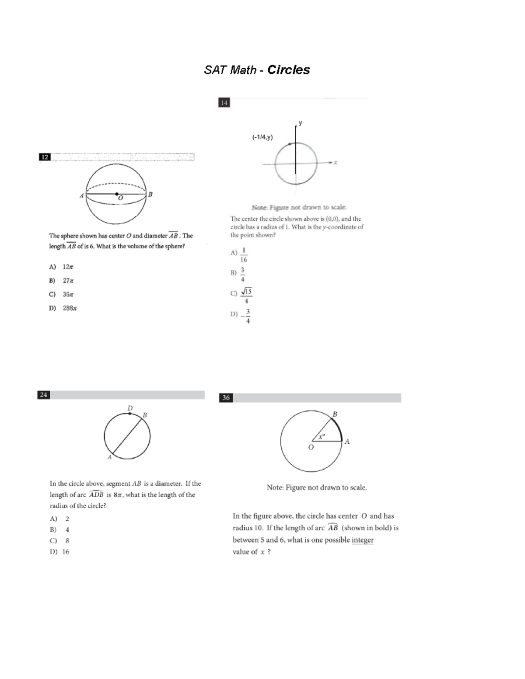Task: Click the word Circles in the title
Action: (288, 70)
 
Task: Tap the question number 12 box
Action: (45, 157)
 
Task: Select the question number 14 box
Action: (224, 103)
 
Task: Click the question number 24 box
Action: (43, 395)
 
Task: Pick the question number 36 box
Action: (226, 397)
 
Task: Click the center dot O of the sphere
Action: (116, 194)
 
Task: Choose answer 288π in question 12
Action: (70, 308)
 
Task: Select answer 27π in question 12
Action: (68, 281)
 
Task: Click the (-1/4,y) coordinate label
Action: (262, 137)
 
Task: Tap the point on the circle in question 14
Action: (290, 144)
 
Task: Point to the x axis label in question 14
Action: (336, 162)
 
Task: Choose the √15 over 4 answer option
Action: (246, 296)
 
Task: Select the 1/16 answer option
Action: (244, 255)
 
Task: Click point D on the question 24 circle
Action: (130, 413)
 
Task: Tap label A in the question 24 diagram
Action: (109, 457)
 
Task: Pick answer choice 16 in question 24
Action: (66, 552)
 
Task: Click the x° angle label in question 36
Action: (322, 436)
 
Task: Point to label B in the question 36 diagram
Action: (335, 414)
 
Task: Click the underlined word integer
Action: (362, 540)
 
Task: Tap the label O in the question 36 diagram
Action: (311, 447)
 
